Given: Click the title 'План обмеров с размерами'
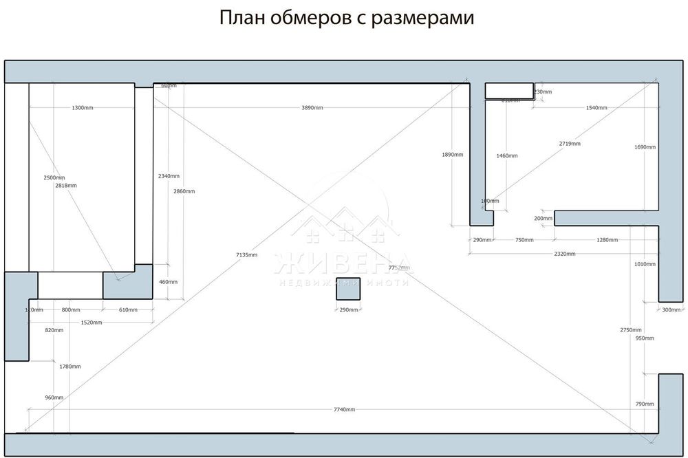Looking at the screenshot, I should [347, 18].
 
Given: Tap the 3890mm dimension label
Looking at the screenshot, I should [312, 108].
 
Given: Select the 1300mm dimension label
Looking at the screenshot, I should [83, 108].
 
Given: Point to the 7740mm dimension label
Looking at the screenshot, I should [344, 410].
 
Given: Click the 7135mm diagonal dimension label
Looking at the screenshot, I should [246, 255].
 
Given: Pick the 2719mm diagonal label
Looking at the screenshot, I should [570, 144].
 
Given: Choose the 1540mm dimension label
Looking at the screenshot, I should [596, 108].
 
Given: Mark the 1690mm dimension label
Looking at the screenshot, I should [645, 147].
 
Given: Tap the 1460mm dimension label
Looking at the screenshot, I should [506, 156].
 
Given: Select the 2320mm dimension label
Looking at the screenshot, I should [564, 254].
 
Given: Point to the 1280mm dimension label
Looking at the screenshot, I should [607, 240].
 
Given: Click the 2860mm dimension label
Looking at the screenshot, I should [184, 191].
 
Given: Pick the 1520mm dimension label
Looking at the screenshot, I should [92, 323].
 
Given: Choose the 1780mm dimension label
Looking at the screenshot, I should [70, 367].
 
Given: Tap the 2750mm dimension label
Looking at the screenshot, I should [630, 330].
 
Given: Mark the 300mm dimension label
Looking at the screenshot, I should [671, 310].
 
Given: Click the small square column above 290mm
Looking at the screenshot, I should [348, 289].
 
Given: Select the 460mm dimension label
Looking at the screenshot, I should [168, 282].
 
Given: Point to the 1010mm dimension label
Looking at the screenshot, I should [645, 263].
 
